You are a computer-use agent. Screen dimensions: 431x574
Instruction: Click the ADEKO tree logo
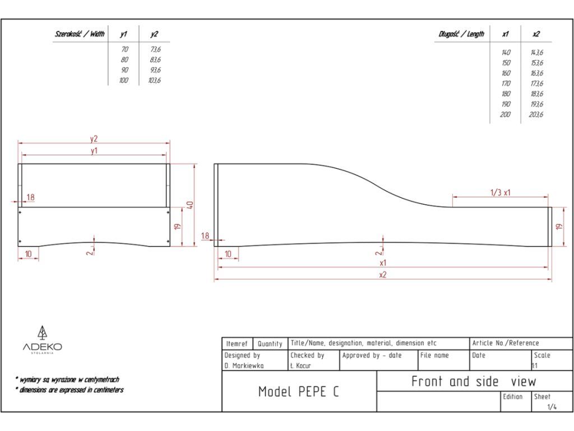42,333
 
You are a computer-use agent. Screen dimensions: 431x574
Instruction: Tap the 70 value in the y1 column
124,49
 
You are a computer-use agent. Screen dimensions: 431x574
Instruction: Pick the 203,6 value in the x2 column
536,114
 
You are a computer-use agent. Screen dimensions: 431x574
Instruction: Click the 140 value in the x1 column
506,52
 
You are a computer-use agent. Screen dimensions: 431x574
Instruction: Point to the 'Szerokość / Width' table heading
80,34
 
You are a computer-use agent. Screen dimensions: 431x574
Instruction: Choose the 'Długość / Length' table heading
461,34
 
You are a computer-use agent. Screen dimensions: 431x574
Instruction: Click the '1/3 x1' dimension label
500,192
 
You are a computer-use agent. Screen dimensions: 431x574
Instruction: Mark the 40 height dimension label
191,205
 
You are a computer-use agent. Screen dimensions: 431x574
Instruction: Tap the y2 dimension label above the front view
94,139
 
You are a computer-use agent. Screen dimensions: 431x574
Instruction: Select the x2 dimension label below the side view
383,275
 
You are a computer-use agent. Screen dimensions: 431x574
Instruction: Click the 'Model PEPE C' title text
298,392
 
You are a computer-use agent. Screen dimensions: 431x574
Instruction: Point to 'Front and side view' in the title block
474,382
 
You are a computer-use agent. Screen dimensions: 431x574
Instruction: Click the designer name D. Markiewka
244,366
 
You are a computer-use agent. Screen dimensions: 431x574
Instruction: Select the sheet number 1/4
552,407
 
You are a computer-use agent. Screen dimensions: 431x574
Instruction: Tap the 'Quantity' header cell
270,343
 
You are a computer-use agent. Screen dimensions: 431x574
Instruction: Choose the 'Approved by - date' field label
372,355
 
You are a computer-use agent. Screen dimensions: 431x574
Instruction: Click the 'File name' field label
434,355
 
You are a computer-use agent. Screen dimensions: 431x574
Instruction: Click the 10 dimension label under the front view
28,254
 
